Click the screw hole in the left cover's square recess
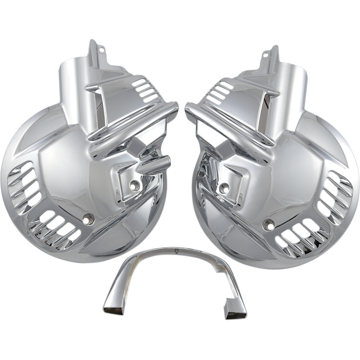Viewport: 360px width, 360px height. (x=134, y=184)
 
